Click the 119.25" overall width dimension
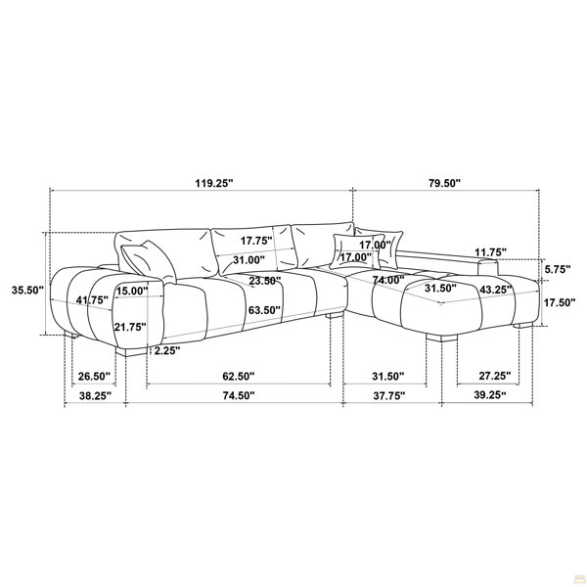point(213,183)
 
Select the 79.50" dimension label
point(444,183)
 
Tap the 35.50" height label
point(27,291)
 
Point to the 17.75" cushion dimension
point(256,241)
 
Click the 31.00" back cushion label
point(248,260)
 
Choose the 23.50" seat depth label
point(265,281)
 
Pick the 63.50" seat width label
point(264,310)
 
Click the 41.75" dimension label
point(92,300)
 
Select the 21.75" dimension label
point(130,327)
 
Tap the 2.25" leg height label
point(167,351)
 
